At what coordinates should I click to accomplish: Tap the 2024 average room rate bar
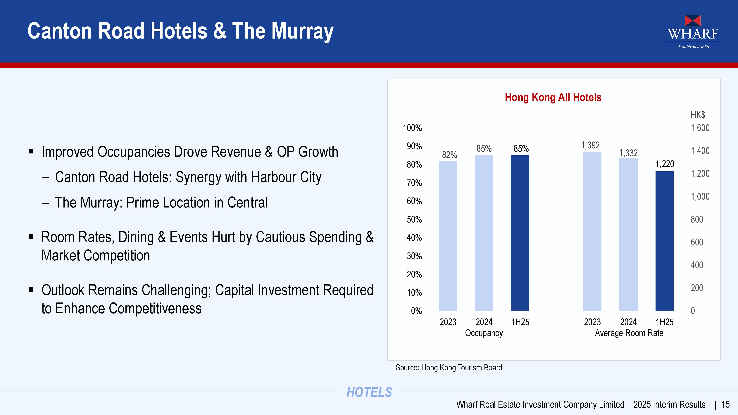click(628, 235)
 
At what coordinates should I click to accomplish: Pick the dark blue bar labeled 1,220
click(664, 241)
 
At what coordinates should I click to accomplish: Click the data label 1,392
click(590, 145)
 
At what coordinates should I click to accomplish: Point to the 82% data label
click(449, 155)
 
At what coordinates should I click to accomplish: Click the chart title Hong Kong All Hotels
click(553, 97)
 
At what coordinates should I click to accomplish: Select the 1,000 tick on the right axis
click(700, 196)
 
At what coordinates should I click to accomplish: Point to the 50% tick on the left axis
click(414, 219)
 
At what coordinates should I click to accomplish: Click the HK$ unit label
click(698, 115)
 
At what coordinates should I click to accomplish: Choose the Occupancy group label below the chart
click(484, 333)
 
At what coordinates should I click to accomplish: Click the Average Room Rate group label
click(629, 333)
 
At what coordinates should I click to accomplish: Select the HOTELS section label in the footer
click(369, 392)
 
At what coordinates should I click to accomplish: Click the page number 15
click(725, 404)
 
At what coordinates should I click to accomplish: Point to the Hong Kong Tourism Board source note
click(449, 367)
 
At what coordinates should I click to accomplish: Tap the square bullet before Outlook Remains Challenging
click(31, 290)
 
